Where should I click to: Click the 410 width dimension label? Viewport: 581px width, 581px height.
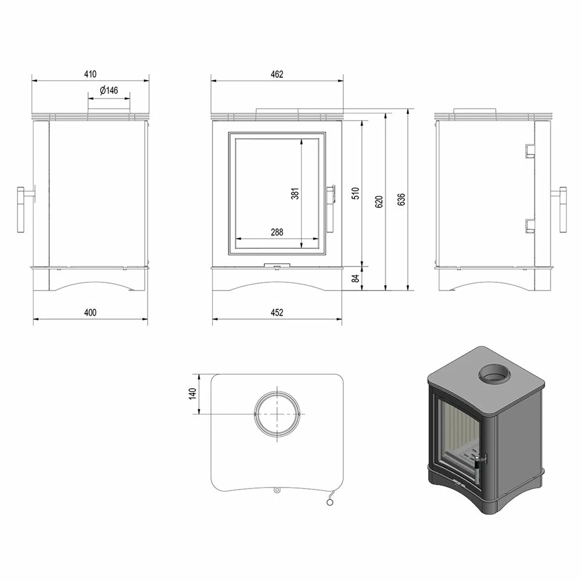[x=90, y=74]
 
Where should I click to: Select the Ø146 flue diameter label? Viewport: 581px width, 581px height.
[x=109, y=90]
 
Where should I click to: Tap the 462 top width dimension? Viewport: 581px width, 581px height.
[x=277, y=74]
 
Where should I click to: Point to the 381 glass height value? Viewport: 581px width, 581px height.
[x=295, y=193]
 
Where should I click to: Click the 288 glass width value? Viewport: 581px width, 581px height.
[x=277, y=232]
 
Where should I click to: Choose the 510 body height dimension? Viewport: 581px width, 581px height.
[x=356, y=193]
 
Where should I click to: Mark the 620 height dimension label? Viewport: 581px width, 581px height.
[x=379, y=201]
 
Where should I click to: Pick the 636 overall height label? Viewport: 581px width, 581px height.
[x=401, y=199]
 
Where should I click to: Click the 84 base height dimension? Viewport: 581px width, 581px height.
[x=356, y=278]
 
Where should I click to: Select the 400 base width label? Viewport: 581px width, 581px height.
[x=90, y=313]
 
